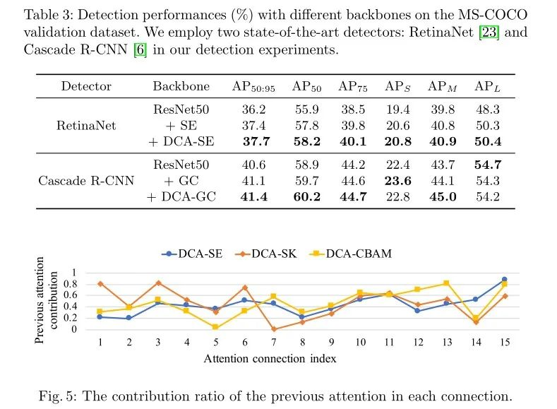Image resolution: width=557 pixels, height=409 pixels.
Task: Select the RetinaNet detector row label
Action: click(86, 125)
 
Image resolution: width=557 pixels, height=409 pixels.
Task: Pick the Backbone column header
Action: click(181, 87)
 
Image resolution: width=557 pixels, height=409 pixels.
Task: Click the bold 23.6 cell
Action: click(397, 182)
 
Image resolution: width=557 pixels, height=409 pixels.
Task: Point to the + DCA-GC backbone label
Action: click(181, 196)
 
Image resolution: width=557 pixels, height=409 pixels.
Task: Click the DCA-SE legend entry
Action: click(192, 254)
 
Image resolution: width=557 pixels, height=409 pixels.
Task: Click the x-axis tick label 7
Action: click(272, 342)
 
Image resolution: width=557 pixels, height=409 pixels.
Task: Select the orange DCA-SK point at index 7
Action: click(272, 328)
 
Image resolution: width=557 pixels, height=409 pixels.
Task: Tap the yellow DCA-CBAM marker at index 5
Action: click(215, 327)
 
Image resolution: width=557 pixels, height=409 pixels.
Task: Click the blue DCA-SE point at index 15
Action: click(503, 280)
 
